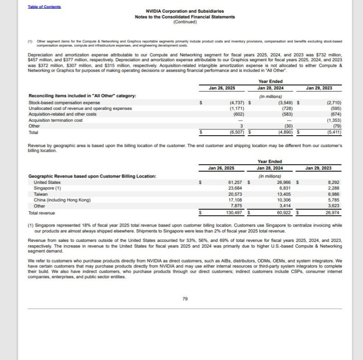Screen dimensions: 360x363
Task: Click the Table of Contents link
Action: click(44, 7)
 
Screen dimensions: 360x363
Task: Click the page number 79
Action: click(185, 299)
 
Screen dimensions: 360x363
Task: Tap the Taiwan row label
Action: click(41, 194)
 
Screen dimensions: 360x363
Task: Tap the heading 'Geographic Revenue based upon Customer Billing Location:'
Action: click(92, 176)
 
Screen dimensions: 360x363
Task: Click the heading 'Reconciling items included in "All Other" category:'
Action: click(82, 96)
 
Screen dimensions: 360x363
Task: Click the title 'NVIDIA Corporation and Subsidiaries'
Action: click(185, 11)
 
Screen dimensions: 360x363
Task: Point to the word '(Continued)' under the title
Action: click(185, 22)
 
